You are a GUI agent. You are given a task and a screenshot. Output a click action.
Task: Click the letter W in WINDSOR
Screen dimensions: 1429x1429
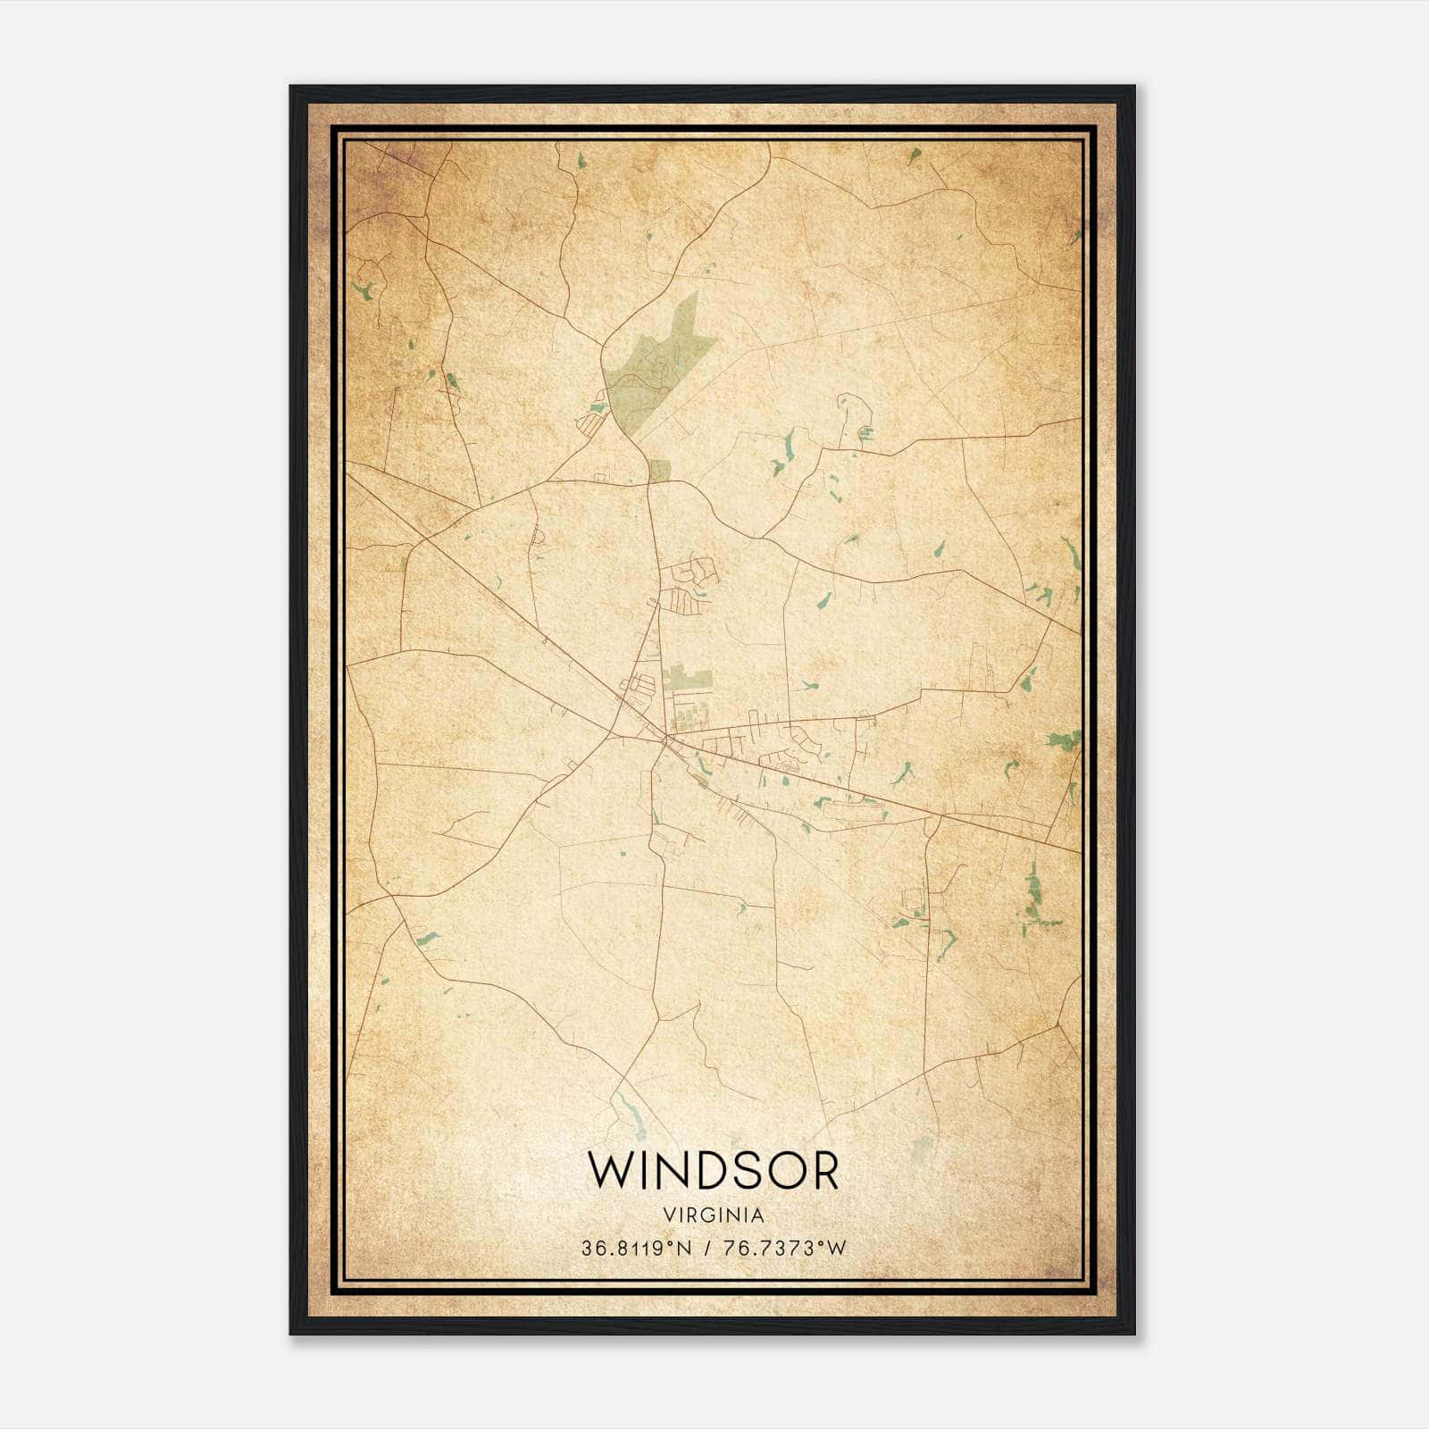coord(610,1171)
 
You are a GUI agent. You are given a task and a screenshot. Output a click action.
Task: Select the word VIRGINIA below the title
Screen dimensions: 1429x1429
coord(714,1216)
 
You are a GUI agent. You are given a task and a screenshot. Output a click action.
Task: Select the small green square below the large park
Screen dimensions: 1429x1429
coord(659,470)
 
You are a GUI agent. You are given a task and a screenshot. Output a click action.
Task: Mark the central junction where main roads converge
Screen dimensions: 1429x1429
coord(665,739)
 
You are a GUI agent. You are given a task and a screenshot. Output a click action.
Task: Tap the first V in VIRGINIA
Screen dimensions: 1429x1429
coord(668,1216)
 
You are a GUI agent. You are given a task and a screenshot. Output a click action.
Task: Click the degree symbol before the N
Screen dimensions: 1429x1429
coord(673,1243)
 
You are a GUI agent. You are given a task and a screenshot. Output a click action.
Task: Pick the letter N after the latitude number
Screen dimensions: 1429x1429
coord(685,1249)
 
